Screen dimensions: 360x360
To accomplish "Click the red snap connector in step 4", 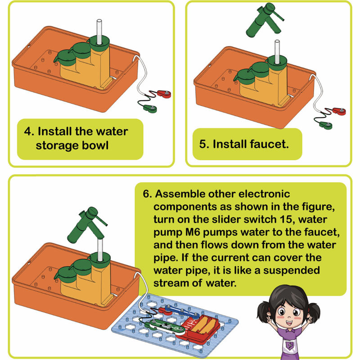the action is pyautogui.click(x=164, y=94).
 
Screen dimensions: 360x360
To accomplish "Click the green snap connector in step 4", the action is pyautogui.click(x=150, y=108).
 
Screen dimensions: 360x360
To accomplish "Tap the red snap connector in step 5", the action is pyautogui.click(x=339, y=111).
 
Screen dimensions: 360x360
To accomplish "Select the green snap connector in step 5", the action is pyautogui.click(x=326, y=125).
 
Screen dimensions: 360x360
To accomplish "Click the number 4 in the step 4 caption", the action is pyautogui.click(x=28, y=131).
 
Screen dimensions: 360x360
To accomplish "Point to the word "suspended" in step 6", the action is pyautogui.click(x=292, y=271).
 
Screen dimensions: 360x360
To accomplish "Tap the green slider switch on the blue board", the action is pyautogui.click(x=164, y=327).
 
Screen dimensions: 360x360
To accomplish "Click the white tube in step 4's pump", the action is pyautogui.click(x=99, y=31).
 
